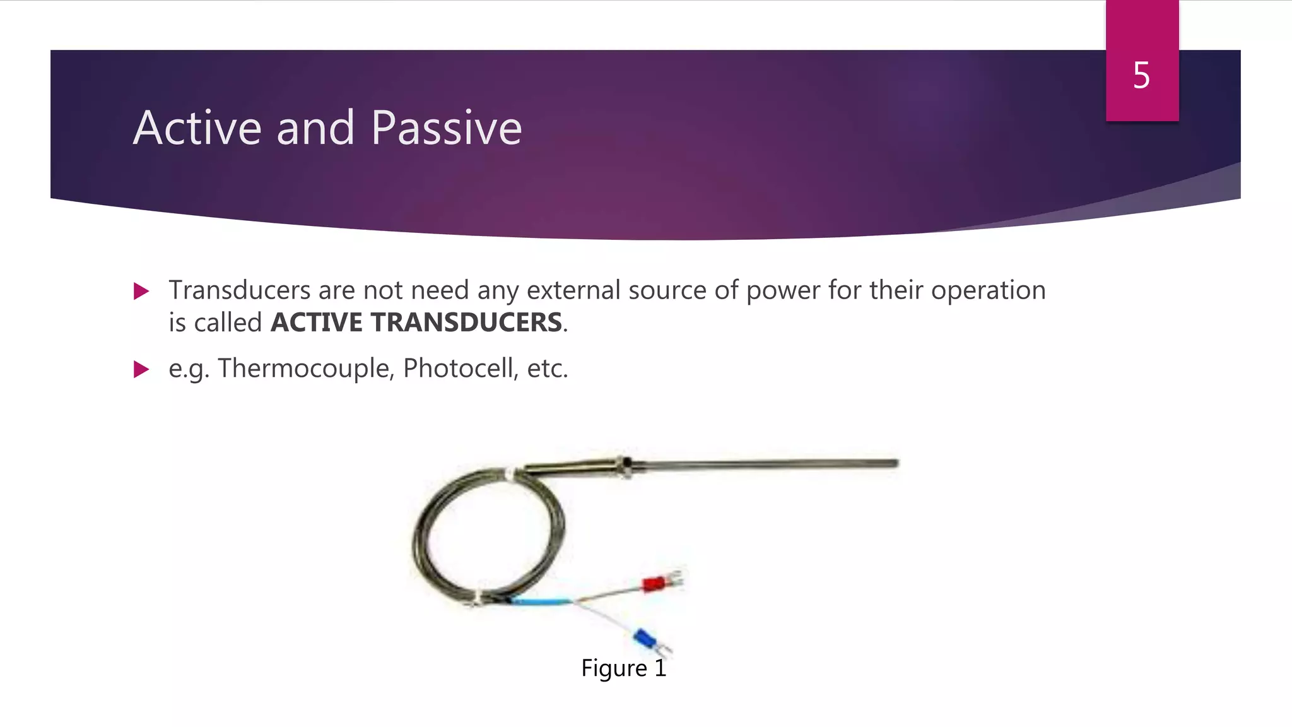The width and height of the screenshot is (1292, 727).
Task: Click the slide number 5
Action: point(1141,76)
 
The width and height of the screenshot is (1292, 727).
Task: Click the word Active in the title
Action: point(197,128)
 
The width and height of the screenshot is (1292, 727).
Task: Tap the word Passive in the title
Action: point(446,128)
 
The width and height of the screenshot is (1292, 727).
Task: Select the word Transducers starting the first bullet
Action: point(239,290)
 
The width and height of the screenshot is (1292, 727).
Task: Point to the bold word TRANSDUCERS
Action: point(466,322)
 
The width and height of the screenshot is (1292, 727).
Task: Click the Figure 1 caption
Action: point(623,668)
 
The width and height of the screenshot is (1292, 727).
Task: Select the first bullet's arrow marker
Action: point(141,292)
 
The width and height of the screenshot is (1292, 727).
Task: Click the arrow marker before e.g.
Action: point(141,369)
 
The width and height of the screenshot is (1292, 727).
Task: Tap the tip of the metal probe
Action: point(894,463)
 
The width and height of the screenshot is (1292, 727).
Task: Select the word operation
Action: point(988,290)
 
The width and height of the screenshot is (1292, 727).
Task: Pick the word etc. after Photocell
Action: point(547,369)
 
